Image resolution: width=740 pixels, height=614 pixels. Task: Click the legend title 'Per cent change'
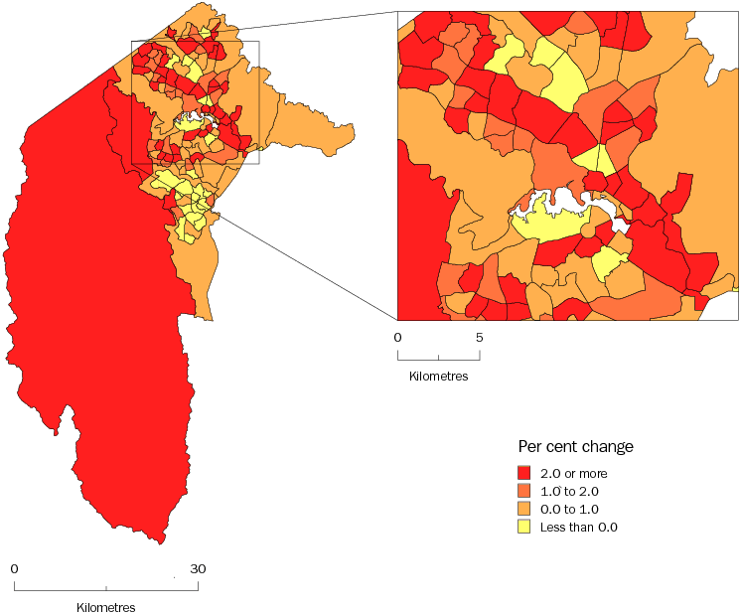click(x=575, y=446)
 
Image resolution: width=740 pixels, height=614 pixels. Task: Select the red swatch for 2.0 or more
click(x=525, y=472)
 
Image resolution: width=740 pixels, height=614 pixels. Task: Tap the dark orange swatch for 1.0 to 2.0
click(x=525, y=490)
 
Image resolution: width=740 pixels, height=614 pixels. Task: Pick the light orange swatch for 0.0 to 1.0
click(x=525, y=508)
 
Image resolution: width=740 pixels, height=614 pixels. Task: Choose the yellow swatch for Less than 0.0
click(x=525, y=526)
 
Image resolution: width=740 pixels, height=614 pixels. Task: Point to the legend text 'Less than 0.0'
click(x=578, y=527)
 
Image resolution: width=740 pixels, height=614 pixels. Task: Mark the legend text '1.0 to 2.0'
click(x=569, y=490)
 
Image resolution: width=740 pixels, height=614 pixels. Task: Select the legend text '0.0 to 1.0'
click(x=569, y=509)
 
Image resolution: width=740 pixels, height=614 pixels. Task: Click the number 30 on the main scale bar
click(x=198, y=569)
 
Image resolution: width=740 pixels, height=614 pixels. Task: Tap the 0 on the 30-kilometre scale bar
click(x=14, y=569)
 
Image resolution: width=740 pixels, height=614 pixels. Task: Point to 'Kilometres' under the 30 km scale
click(x=105, y=607)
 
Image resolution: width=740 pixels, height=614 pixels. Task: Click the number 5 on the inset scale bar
click(x=480, y=338)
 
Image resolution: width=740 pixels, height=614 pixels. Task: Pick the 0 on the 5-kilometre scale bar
click(x=397, y=338)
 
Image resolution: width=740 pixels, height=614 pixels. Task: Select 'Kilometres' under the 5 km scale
click(x=438, y=377)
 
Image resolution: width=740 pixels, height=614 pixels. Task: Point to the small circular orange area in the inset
click(x=587, y=231)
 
